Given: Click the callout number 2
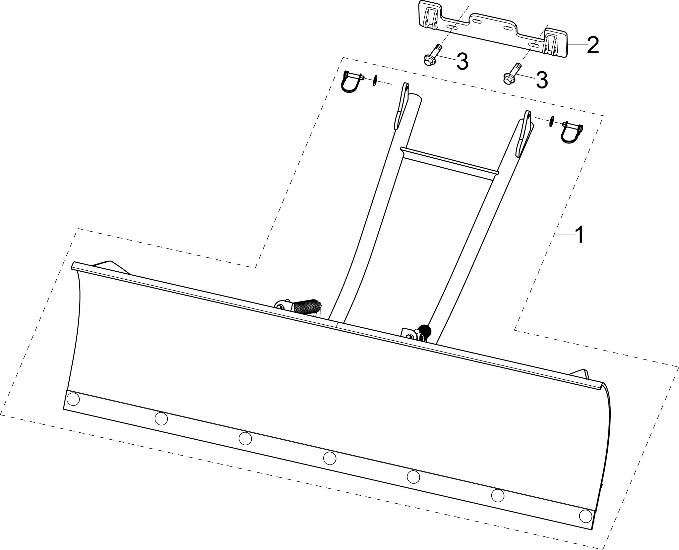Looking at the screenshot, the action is (592, 46).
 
